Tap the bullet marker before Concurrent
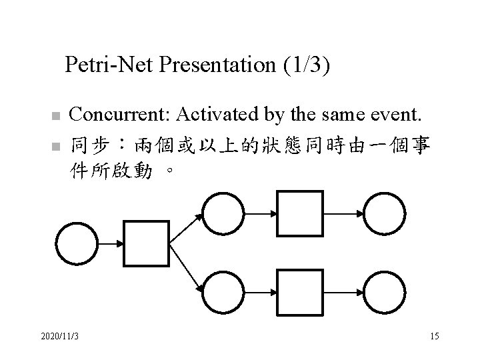click(57, 117)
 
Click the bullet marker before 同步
click(57, 145)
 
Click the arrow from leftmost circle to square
click(111, 243)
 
